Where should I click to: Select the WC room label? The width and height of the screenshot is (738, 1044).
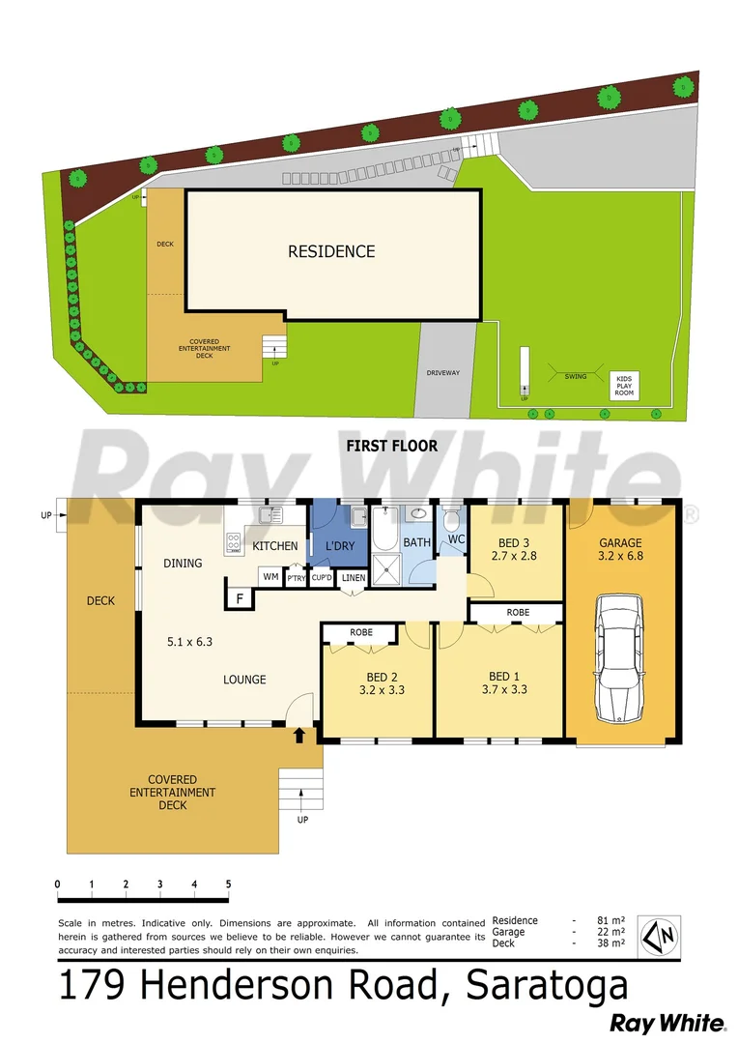[456, 537]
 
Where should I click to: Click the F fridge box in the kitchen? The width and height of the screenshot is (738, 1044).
[238, 600]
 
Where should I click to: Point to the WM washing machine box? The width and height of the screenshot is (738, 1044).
[270, 577]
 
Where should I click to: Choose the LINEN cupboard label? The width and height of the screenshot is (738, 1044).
[354, 578]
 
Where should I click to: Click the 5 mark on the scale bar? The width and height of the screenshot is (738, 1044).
[228, 884]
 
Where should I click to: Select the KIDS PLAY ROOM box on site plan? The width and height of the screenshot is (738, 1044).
[624, 385]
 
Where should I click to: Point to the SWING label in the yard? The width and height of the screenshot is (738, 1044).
[576, 377]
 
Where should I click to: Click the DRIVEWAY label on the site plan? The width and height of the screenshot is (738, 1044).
[443, 372]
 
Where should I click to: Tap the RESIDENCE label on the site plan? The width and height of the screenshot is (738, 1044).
[331, 251]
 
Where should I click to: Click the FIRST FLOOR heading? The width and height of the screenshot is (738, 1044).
[392, 446]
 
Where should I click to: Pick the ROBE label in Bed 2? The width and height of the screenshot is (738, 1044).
[361, 632]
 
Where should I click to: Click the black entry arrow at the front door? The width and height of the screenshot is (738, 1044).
[299, 736]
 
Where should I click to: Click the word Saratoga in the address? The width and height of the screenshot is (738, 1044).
[547, 986]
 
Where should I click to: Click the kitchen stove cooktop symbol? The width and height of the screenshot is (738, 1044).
[233, 544]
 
